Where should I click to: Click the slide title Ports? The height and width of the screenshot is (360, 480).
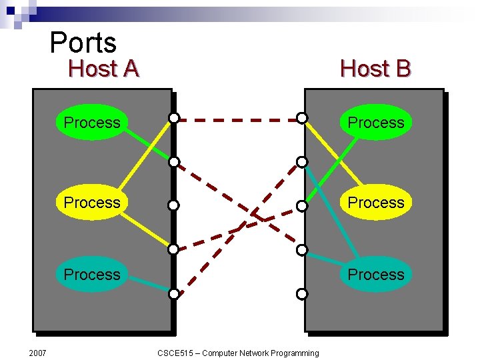pyautogui.click(x=83, y=43)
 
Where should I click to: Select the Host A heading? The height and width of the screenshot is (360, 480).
pyautogui.click(x=103, y=69)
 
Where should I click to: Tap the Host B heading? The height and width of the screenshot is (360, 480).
pyautogui.click(x=375, y=69)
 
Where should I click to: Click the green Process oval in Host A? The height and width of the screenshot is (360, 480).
pyautogui.click(x=91, y=123)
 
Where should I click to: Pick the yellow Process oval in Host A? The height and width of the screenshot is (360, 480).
pyautogui.click(x=91, y=203)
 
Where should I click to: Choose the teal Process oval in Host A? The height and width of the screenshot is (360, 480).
pyautogui.click(x=91, y=275)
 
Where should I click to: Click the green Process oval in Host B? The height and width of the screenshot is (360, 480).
pyautogui.click(x=376, y=123)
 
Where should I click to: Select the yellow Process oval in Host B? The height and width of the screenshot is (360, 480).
pyautogui.click(x=376, y=203)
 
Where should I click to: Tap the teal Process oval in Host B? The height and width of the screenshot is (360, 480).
pyautogui.click(x=376, y=275)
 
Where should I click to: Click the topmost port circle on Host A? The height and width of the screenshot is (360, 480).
pyautogui.click(x=173, y=118)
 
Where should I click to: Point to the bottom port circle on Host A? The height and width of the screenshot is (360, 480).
pyautogui.click(x=173, y=293)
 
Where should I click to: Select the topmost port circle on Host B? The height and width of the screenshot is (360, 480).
pyautogui.click(x=302, y=118)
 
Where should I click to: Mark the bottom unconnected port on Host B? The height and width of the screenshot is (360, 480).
pyautogui.click(x=302, y=293)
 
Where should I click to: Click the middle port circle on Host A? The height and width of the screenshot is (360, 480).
pyautogui.click(x=173, y=205)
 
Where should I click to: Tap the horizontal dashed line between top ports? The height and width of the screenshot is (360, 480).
pyautogui.click(x=237, y=121)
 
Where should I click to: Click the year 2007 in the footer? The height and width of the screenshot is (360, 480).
pyautogui.click(x=37, y=352)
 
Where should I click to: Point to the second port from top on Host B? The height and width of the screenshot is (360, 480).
pyautogui.click(x=302, y=162)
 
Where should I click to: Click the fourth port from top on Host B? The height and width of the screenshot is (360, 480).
pyautogui.click(x=302, y=250)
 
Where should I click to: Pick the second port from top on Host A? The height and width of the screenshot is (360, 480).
pyautogui.click(x=173, y=162)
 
